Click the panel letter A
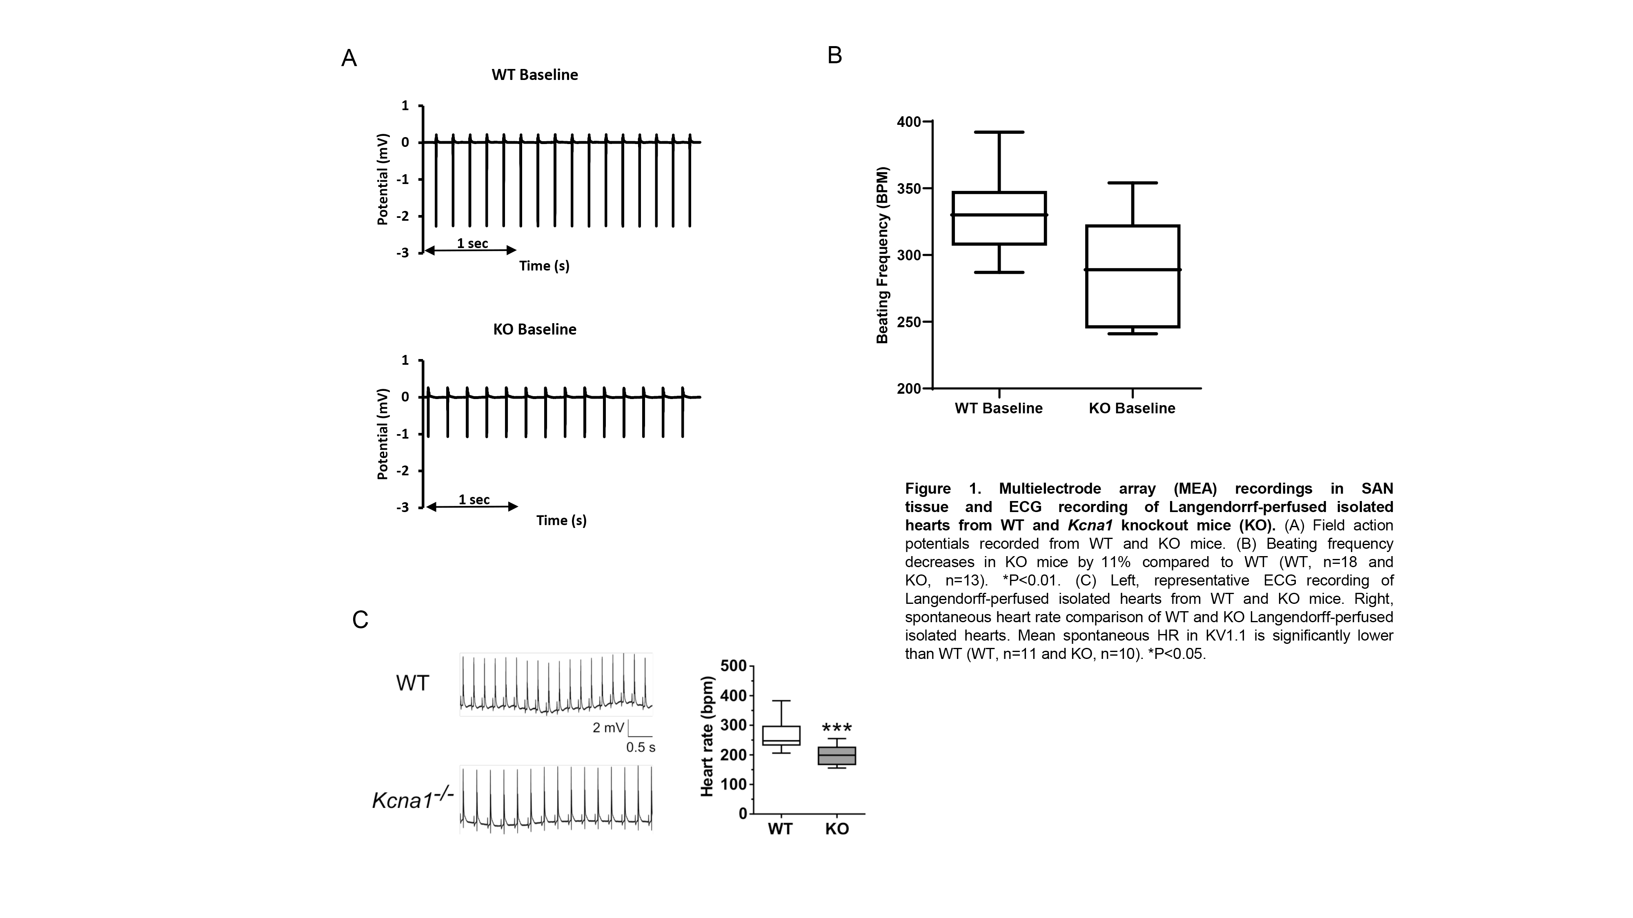click(349, 58)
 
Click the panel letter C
click(360, 620)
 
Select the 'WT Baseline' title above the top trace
click(534, 75)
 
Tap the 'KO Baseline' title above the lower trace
click(534, 329)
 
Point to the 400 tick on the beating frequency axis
click(910, 122)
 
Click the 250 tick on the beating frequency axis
click(910, 322)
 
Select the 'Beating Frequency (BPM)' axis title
click(882, 255)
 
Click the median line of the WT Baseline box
click(999, 215)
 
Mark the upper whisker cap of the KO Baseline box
click(1132, 183)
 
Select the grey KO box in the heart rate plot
click(837, 756)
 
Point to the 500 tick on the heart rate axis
click(734, 666)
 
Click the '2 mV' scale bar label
click(608, 728)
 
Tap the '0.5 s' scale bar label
click(640, 747)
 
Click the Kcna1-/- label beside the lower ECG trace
click(412, 800)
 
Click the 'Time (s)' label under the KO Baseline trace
click(561, 521)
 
